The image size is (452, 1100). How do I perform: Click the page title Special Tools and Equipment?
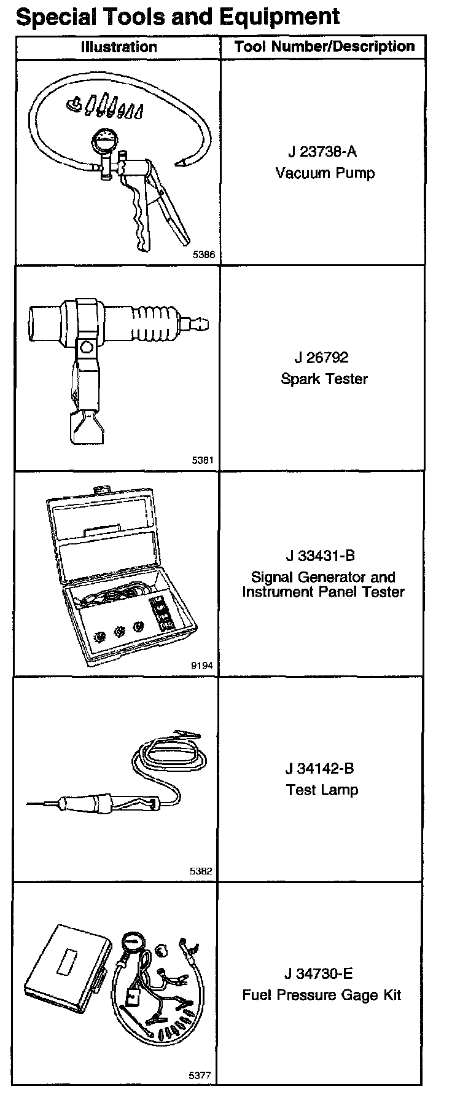click(177, 16)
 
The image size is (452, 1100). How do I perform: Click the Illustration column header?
click(119, 47)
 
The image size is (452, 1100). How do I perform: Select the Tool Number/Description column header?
click(324, 47)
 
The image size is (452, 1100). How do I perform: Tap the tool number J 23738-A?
click(322, 152)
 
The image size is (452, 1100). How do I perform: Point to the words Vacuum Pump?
click(325, 173)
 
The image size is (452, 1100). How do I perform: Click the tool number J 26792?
click(322, 358)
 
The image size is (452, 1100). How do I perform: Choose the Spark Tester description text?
click(324, 379)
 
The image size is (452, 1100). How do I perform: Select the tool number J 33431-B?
click(321, 556)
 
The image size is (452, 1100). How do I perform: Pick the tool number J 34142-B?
click(320, 768)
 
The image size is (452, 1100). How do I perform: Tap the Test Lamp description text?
click(322, 790)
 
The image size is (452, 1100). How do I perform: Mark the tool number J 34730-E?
click(319, 974)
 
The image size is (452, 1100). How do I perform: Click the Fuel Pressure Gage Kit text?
click(321, 995)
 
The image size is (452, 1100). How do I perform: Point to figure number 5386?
click(203, 254)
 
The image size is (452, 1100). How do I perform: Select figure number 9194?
click(203, 665)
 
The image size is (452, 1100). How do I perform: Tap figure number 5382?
click(201, 871)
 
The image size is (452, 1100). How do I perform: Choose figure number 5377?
click(200, 1075)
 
